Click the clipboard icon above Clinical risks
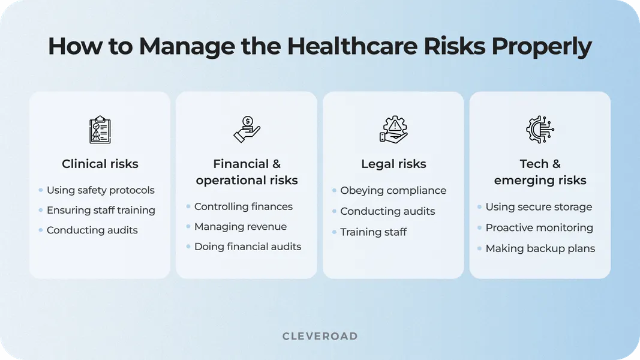(100, 130)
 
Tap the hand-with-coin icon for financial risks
(247, 129)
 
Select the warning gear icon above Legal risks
(393, 129)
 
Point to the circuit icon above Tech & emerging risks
(540, 129)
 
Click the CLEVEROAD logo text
(320, 336)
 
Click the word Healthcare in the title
(369, 47)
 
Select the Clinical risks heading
(100, 164)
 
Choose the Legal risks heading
(393, 164)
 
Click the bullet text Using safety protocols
(100, 190)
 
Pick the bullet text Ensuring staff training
(101, 210)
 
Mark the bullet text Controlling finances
(243, 206)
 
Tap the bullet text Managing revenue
(240, 227)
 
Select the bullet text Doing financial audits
(247, 247)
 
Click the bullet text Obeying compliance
(393, 190)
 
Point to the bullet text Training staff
(373, 232)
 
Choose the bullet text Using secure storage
(539, 207)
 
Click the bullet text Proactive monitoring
(539, 227)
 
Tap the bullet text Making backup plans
(540, 248)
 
